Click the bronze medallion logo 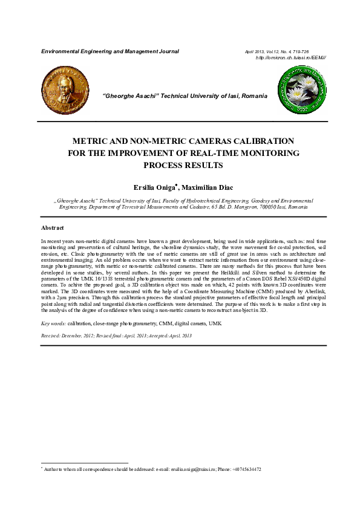[61, 89]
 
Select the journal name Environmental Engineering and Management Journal [110, 51]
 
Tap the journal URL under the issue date [292, 57]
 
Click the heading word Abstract [53, 228]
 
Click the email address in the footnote [194, 470]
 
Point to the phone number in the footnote [246, 470]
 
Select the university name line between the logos [182, 96]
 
